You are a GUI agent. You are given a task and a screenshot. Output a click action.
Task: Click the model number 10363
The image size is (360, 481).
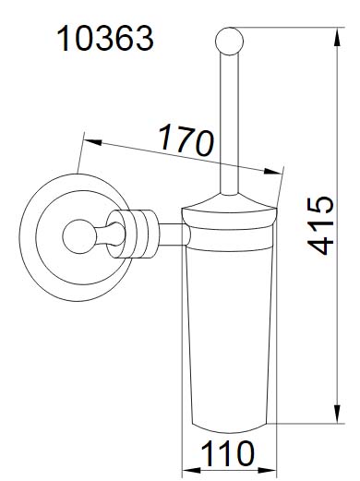(105, 39)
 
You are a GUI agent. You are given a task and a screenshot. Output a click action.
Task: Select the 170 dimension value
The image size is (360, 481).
(186, 140)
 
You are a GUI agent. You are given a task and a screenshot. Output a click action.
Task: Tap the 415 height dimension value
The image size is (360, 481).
(320, 225)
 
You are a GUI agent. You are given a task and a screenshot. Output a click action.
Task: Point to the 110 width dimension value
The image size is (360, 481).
(227, 453)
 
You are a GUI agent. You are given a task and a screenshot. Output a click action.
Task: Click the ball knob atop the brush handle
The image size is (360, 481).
(229, 42)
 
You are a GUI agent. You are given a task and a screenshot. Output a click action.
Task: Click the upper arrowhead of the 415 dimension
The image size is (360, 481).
(338, 37)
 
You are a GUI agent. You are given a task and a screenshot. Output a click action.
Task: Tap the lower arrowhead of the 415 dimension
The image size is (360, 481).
(338, 414)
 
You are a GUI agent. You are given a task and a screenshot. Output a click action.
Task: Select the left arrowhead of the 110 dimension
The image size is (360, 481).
(192, 471)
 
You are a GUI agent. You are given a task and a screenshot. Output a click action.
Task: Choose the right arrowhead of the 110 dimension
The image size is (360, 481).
(267, 471)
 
